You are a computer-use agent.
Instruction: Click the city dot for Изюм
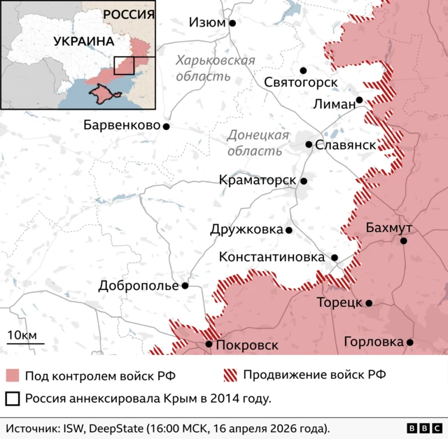coord(232,23)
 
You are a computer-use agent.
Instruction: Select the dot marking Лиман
coord(359,100)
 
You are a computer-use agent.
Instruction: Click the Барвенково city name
coord(122,126)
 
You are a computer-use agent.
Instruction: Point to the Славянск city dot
coord(309,145)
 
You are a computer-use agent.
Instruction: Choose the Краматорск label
coord(257,180)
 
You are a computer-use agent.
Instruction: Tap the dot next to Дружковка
coord(289,229)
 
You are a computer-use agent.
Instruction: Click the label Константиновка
coord(272,257)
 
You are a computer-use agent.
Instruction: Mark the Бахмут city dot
coord(403,240)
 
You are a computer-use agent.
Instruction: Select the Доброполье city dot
coord(185,285)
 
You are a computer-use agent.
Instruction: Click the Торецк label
coord(339,303)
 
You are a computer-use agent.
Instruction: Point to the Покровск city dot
coord(209,344)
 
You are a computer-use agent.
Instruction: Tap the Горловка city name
coord(373,342)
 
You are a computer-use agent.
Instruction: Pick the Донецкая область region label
coord(258,142)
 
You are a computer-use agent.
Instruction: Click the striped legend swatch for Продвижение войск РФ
coord(230,375)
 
